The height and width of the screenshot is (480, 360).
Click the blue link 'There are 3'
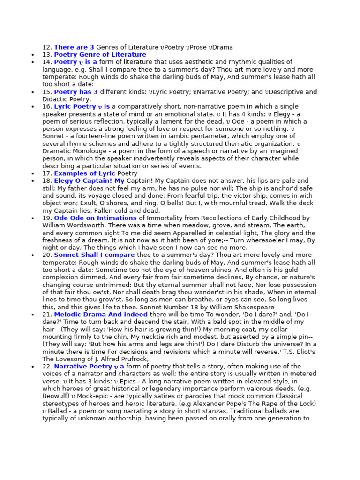tap(74, 47)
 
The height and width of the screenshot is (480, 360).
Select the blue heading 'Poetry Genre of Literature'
tap(100, 55)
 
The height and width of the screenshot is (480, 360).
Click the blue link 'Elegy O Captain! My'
tap(89, 181)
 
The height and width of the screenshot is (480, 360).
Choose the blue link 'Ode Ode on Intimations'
tap(95, 218)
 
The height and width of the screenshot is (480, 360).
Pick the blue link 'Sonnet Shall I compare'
tap(94, 255)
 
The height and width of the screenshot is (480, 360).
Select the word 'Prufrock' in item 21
tap(134, 359)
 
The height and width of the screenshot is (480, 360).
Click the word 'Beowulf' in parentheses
tap(58, 396)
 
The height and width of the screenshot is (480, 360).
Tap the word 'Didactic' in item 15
tap(56, 100)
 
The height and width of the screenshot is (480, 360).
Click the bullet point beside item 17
tap(32, 173)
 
